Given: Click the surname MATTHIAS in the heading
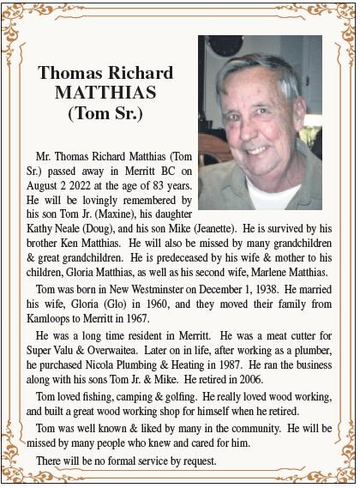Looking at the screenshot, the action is point(105,92).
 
